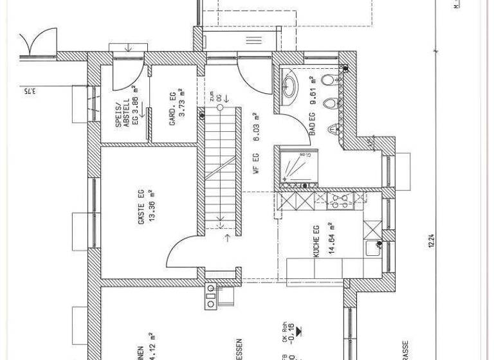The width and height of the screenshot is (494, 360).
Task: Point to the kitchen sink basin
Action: (x=372, y=248)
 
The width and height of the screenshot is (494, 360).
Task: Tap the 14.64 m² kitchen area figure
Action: (x=329, y=240)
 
